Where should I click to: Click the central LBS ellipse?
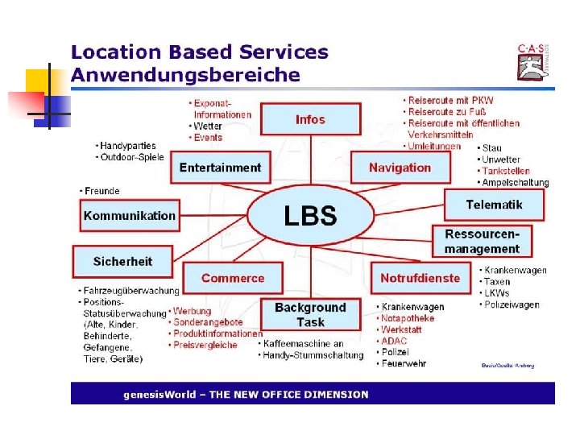(x=310, y=215)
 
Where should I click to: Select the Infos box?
(x=310, y=119)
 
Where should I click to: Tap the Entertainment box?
(x=220, y=168)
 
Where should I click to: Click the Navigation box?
(x=400, y=168)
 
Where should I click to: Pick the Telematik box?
(x=494, y=205)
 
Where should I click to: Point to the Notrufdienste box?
(x=420, y=278)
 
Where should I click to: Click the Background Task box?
(x=310, y=314)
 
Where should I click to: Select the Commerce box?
(x=232, y=278)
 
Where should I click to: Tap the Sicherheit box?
(x=122, y=261)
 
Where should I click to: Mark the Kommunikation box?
(x=129, y=215)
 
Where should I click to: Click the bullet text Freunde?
(x=102, y=191)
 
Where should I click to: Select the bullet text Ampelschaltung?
(x=516, y=183)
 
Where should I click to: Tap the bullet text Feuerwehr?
(x=405, y=363)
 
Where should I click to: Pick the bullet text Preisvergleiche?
(x=205, y=345)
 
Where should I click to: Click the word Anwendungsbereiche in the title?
(x=185, y=76)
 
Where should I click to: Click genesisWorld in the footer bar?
(x=158, y=395)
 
